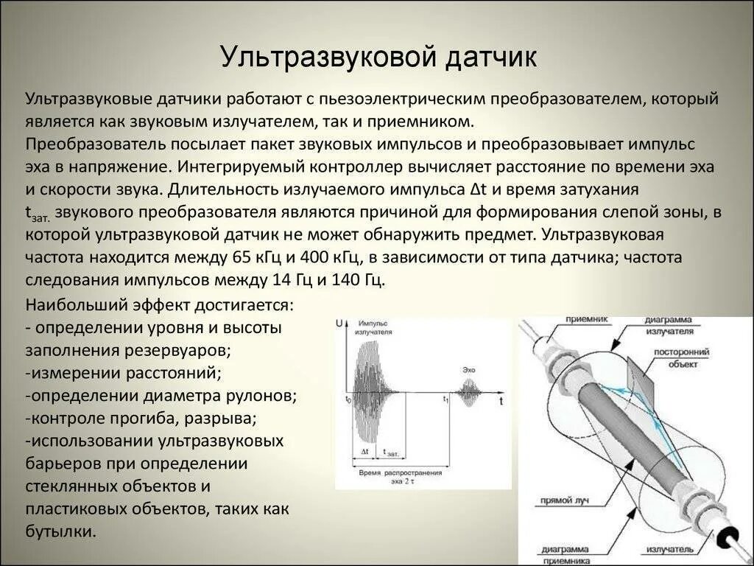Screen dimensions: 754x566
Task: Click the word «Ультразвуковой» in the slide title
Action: pos(329,57)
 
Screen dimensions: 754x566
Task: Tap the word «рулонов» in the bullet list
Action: pos(267,396)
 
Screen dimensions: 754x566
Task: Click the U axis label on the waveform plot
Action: pos(339,324)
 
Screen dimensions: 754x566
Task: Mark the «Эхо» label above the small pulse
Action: pos(469,368)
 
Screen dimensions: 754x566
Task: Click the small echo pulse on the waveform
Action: pos(469,393)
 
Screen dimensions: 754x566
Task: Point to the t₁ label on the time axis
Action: pos(445,399)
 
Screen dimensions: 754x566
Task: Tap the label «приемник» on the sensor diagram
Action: pos(587,320)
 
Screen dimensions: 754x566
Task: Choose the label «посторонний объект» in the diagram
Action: pos(683,357)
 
